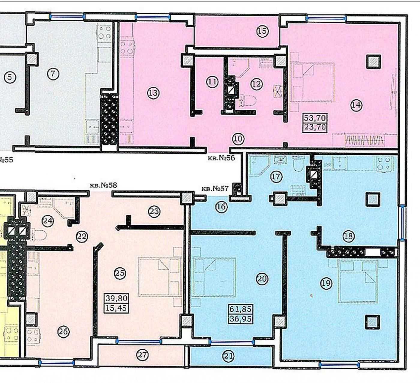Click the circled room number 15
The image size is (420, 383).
(x=262, y=31)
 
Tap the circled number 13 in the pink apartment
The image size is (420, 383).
(x=153, y=93)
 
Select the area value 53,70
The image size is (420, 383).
(x=315, y=117)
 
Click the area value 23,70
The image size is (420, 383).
(x=315, y=127)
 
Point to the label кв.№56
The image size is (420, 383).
(x=221, y=158)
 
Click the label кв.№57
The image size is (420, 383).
(x=215, y=189)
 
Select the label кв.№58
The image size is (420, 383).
(x=103, y=185)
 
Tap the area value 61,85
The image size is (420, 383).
(x=241, y=309)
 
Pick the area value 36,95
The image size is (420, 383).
(x=241, y=318)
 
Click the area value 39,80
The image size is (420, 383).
(x=117, y=298)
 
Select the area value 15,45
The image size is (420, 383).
(x=117, y=308)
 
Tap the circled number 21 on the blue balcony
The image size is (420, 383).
(x=228, y=356)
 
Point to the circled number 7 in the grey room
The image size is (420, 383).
(x=53, y=74)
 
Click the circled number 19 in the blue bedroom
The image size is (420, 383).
(x=326, y=283)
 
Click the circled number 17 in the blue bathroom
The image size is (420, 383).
(x=276, y=176)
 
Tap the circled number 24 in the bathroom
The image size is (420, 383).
(x=48, y=221)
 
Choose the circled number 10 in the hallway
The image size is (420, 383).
(x=238, y=139)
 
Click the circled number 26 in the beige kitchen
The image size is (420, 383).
(x=63, y=332)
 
